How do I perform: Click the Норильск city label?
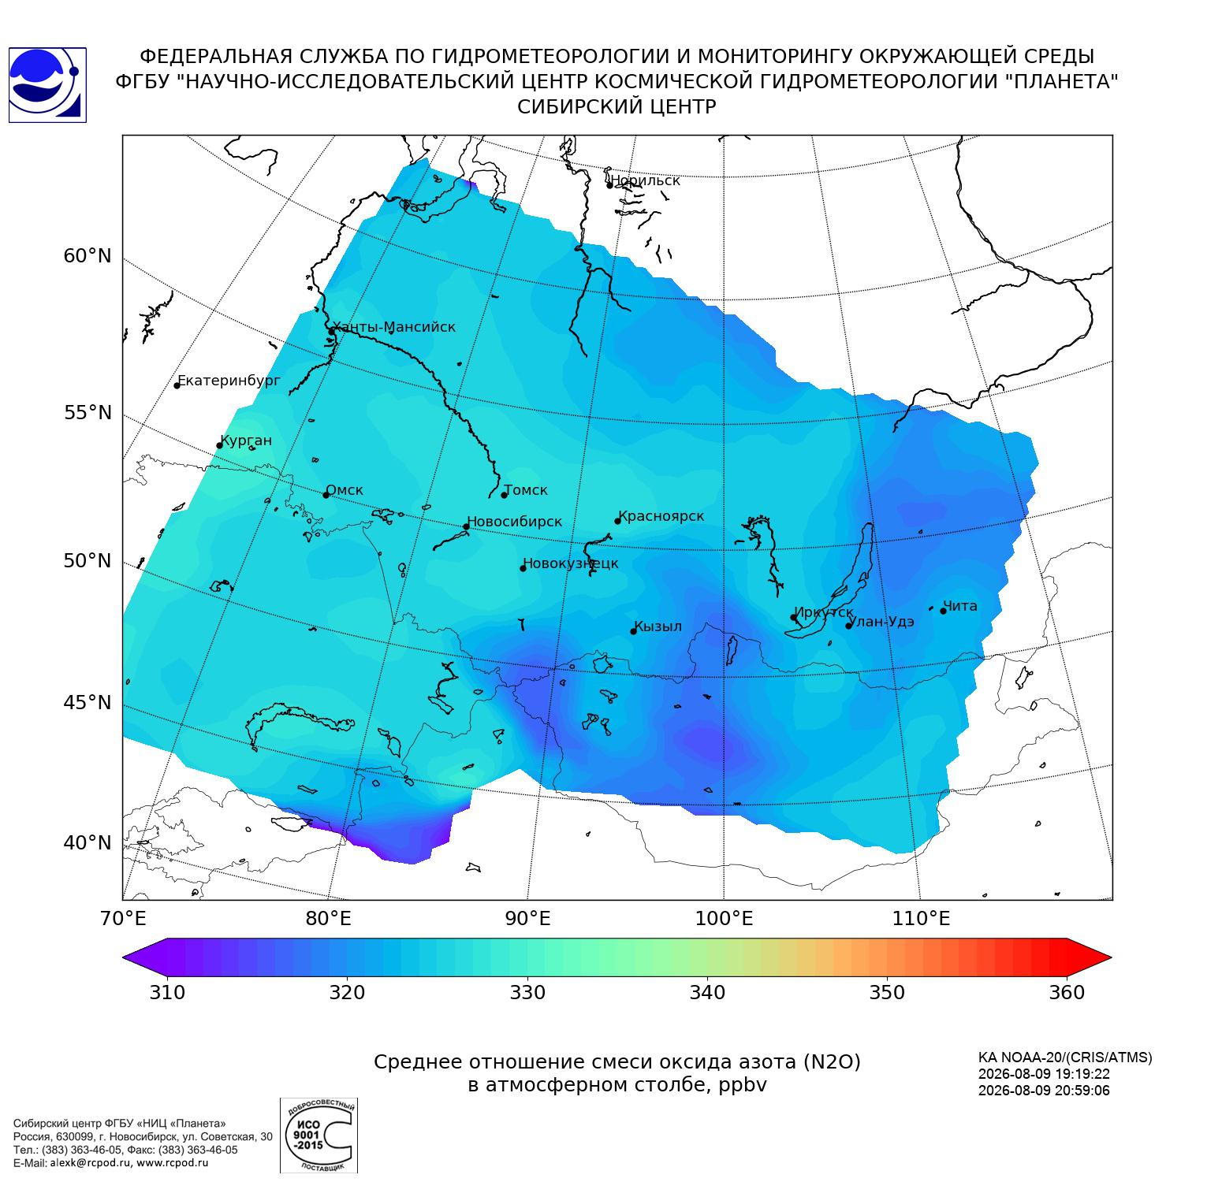pos(645,180)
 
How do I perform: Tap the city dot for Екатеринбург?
pos(177,385)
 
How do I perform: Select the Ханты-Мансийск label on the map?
pos(394,328)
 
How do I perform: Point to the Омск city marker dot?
pos(326,495)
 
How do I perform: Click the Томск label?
pos(526,490)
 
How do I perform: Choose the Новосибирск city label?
pos(514,522)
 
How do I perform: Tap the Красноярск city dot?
pos(618,521)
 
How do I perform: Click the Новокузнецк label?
pos(571,564)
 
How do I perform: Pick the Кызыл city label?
pos(658,626)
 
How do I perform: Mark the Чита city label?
pos(960,606)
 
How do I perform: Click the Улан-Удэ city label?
pos(882,622)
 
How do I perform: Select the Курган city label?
pos(246,441)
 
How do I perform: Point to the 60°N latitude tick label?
pos(88,256)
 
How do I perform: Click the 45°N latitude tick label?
pos(88,702)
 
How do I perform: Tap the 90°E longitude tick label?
pos(527,919)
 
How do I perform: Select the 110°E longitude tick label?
pos(921,919)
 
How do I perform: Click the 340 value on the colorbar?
pos(707,992)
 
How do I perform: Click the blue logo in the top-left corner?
pos(47,85)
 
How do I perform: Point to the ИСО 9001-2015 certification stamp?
pos(319,1136)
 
